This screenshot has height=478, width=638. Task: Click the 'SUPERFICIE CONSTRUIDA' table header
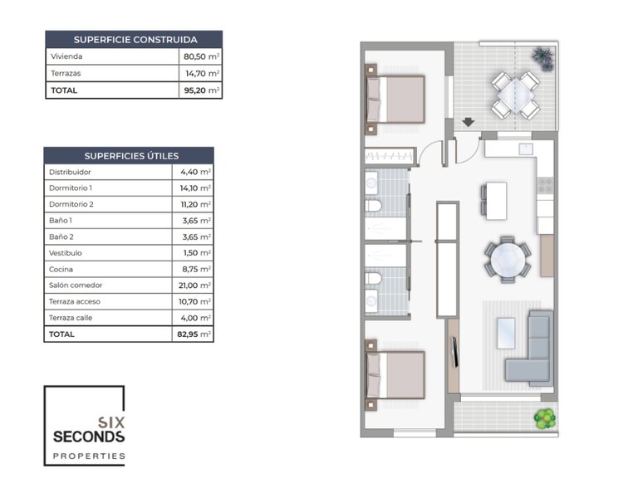click(135, 39)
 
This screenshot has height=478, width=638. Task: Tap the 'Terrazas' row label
click(66, 74)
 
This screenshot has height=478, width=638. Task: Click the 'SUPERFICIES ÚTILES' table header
click(130, 155)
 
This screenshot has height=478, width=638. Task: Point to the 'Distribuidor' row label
click(70, 172)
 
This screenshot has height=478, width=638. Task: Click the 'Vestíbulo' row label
click(66, 253)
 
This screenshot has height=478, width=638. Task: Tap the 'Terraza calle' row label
click(71, 318)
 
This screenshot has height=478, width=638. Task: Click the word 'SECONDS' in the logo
click(88, 437)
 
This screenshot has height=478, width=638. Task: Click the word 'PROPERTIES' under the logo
click(88, 456)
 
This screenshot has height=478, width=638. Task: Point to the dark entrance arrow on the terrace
click(469, 122)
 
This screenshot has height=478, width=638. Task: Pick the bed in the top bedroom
click(397, 99)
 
